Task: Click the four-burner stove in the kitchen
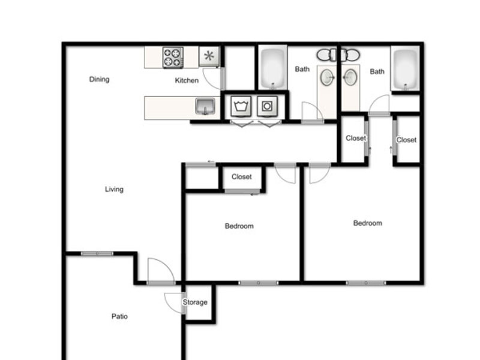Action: (173, 58)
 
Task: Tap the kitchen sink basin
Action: (205, 106)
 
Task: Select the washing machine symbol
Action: (241, 106)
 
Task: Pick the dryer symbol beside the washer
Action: (267, 106)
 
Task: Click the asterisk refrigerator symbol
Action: (209, 56)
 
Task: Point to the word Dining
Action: (99, 79)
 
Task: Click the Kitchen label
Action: (187, 80)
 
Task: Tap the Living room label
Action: (114, 189)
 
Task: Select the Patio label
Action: (119, 316)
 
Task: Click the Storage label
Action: (195, 302)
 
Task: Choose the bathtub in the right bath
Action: (405, 68)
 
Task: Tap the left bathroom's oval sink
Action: (326, 77)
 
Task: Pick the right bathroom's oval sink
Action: (350, 77)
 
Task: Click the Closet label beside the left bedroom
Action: (242, 176)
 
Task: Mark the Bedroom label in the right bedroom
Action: (367, 223)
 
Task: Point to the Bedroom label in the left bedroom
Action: (239, 226)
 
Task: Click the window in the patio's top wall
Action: (97, 253)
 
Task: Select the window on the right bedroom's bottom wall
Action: (366, 283)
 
